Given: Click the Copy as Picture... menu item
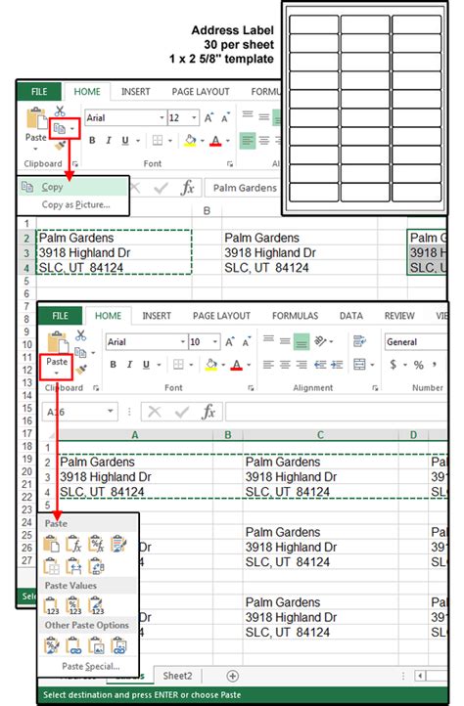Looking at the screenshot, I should pos(75,204).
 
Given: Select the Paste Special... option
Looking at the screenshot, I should pos(88,666).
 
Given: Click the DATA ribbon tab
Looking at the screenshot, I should pos(350,316).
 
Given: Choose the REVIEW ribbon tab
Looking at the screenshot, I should pos(399,316).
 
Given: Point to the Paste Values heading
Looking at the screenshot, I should pos(70,585).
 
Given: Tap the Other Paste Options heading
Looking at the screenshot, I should pos(86,625).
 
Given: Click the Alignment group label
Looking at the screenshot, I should pos(312,387).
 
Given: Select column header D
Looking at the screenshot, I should pos(413,434).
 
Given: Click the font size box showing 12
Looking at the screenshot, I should pos(180,117).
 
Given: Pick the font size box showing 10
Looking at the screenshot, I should pos(204,342).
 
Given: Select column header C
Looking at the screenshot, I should pos(319,434).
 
